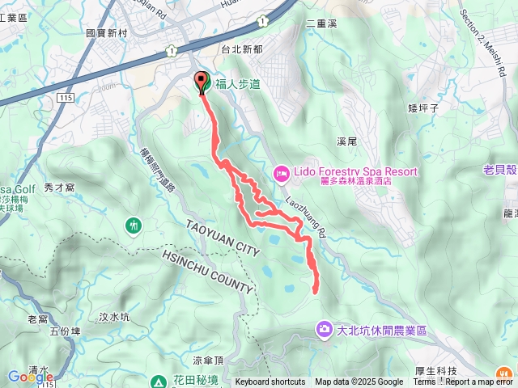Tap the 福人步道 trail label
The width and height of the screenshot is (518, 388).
click(237, 83)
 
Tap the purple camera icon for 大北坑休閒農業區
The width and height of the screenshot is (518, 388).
click(324, 329)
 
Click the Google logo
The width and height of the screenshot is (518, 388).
click(31, 377)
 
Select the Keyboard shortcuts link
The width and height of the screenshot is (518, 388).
click(270, 382)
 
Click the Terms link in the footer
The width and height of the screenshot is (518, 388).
click(424, 382)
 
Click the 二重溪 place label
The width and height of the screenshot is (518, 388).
click(321, 23)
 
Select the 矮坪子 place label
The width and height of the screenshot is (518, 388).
click(423, 108)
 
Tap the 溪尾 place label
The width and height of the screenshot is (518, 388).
click(346, 141)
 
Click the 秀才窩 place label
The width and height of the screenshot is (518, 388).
click(59, 187)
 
